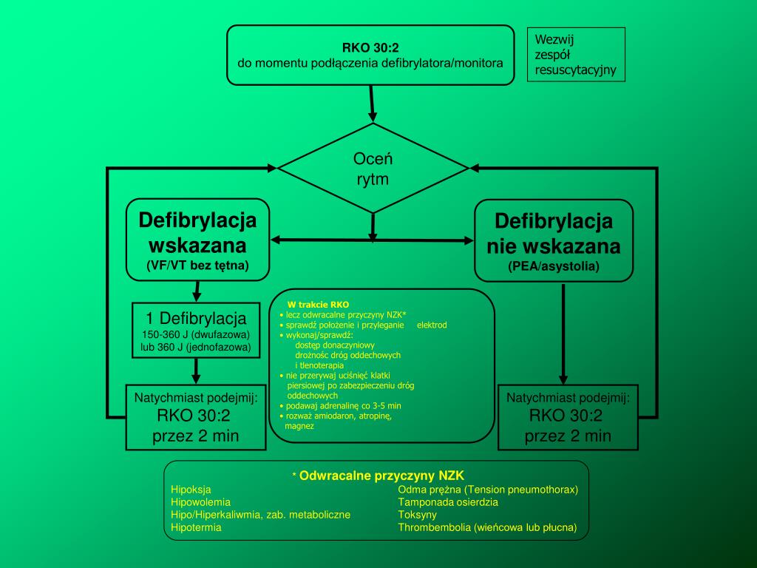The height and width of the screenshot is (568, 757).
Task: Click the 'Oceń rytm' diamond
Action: point(373,169)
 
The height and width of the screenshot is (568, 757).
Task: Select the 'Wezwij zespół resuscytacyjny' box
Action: point(575,55)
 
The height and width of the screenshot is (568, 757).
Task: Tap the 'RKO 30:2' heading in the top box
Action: point(370,49)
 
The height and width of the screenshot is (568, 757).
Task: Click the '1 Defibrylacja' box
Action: point(196,331)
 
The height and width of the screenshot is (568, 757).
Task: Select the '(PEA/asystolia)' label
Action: point(554,266)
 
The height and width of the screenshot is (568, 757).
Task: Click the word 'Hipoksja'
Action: point(191,490)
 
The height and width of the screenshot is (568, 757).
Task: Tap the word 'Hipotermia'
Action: point(196,528)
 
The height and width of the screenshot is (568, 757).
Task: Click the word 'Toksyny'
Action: point(418,515)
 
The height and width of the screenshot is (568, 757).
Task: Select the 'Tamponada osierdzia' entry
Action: point(448,502)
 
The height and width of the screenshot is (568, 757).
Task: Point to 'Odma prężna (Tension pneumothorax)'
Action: point(488,490)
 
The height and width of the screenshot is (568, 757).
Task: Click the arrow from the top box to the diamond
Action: point(373,103)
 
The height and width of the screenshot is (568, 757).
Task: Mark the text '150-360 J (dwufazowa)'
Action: point(196,335)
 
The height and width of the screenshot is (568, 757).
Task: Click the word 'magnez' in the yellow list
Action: point(299,426)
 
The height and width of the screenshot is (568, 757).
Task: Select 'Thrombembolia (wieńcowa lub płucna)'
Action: point(487,528)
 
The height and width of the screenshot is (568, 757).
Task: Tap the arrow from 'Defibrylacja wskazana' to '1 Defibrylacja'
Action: point(197,292)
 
